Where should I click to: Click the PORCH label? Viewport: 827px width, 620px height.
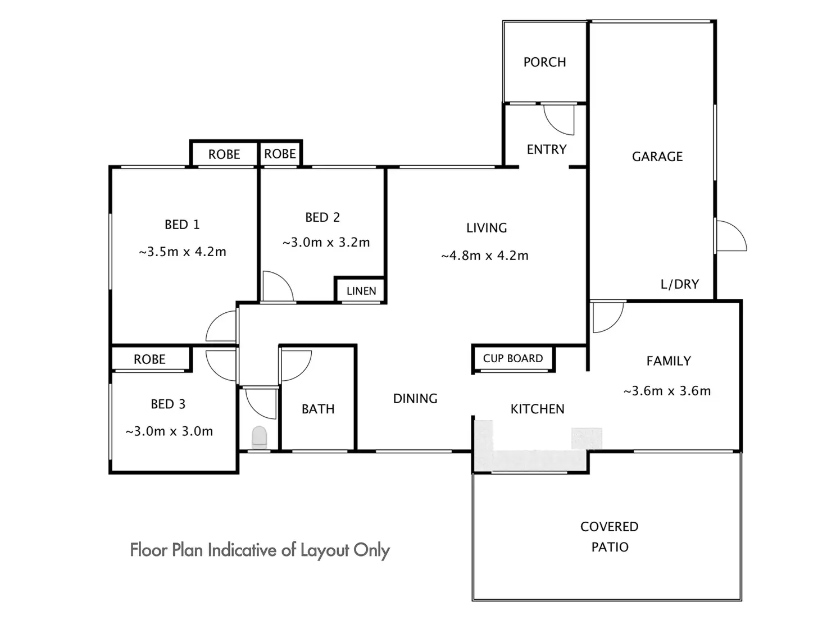tap(544, 62)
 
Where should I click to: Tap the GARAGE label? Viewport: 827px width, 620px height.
tap(657, 157)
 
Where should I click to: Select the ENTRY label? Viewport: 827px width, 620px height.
tap(546, 149)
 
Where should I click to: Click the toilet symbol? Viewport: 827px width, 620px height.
tap(259, 437)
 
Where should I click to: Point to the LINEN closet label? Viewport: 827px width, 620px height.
tap(361, 291)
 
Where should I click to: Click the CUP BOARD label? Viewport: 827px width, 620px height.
tap(513, 358)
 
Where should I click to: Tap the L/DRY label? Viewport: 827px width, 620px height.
tap(680, 284)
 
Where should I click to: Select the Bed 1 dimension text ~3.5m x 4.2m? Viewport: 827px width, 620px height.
tap(183, 252)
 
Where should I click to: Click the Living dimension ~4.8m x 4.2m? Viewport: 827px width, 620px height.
tap(485, 256)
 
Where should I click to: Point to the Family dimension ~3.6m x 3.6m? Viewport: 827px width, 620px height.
tap(667, 391)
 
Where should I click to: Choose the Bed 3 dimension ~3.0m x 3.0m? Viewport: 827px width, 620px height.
tap(169, 431)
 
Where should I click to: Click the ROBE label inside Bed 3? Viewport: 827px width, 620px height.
tap(149, 359)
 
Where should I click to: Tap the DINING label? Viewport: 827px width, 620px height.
tap(415, 399)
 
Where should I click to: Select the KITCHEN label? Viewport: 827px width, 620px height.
tap(537, 409)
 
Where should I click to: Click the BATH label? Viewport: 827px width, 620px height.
tap(318, 409)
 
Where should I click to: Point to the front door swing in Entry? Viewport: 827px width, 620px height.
tap(559, 120)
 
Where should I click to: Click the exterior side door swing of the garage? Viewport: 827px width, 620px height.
tap(731, 236)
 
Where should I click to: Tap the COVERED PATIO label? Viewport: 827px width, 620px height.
tap(609, 537)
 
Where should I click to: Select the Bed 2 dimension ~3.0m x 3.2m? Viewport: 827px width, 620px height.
tap(326, 242)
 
